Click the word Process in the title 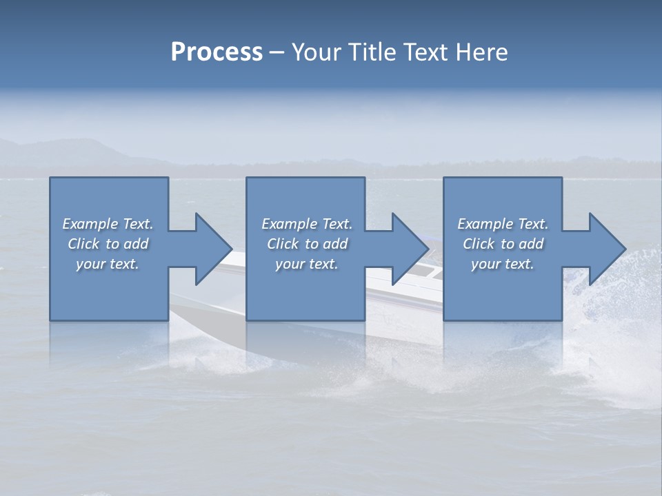pos(217,52)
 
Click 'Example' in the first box pos(90,224)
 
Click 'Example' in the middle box pos(289,224)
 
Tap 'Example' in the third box pos(485,224)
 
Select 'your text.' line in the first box pos(108,264)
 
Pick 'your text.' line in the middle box pos(307,264)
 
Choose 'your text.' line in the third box pos(503,264)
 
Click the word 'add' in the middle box pos(335,244)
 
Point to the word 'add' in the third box pos(531,244)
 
